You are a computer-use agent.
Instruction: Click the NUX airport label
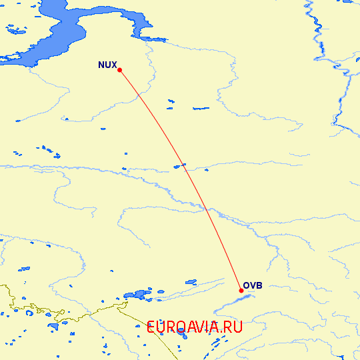(107, 65)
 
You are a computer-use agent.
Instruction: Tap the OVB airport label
(253, 286)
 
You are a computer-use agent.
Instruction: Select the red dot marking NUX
(119, 69)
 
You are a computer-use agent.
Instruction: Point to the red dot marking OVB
(241, 291)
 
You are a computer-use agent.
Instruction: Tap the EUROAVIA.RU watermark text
(194, 327)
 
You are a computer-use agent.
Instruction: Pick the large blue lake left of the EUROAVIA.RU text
(139, 293)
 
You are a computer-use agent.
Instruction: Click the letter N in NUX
(101, 65)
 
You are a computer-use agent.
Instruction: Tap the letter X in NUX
(113, 65)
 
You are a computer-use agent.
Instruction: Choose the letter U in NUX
(107, 65)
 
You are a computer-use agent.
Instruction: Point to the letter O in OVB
(246, 286)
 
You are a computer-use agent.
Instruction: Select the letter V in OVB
(253, 286)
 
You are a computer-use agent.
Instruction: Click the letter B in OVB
(259, 286)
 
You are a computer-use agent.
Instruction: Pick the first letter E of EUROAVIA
(151, 327)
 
